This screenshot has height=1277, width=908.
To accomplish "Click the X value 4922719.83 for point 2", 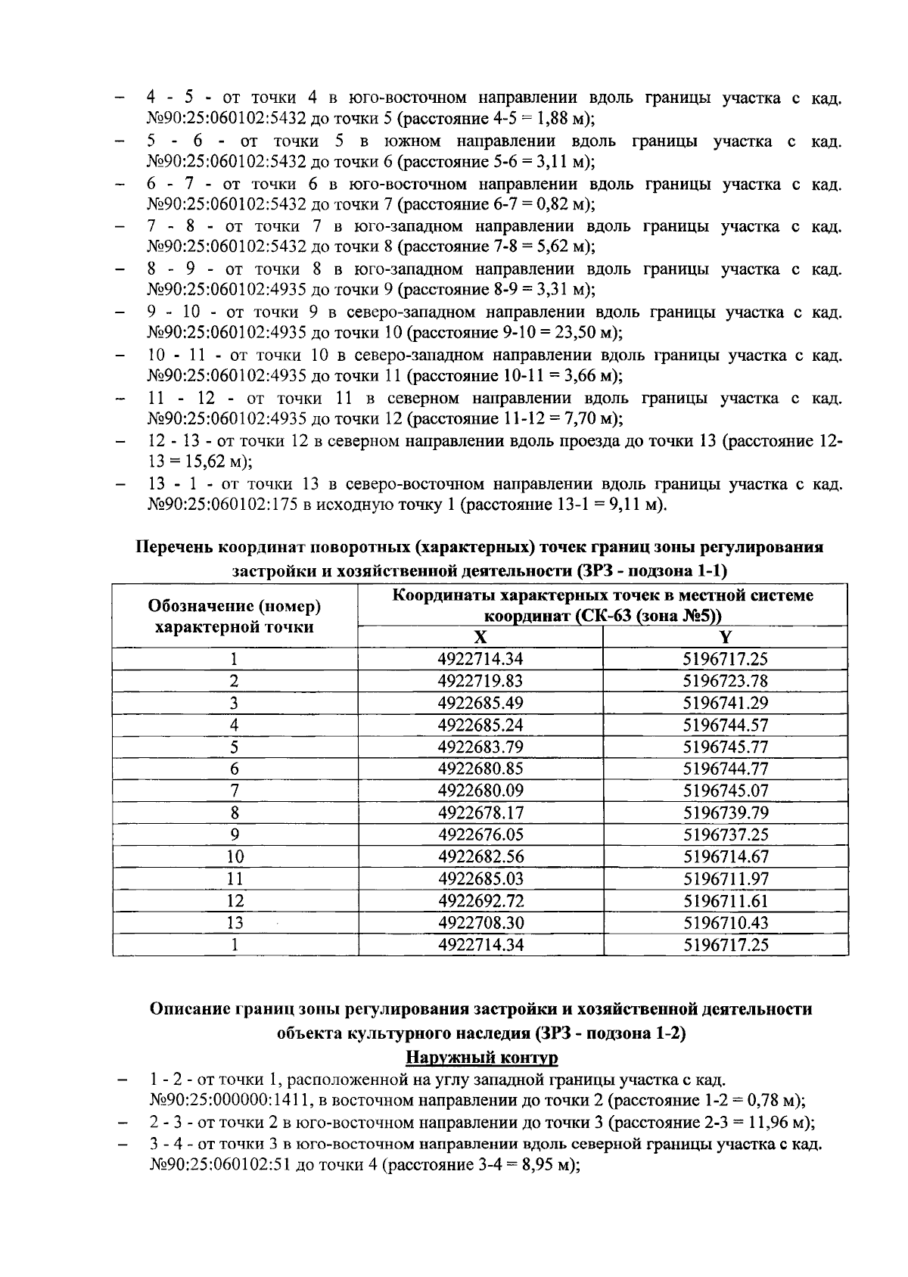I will coord(480,681).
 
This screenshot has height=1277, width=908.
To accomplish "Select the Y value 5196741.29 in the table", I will coord(725,703).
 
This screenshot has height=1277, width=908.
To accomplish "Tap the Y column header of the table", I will coord(725,638).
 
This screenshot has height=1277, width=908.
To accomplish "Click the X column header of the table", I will coord(480,638).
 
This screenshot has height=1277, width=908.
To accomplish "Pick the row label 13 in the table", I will coord(235,923).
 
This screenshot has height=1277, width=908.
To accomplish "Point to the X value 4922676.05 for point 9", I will coord(480,834).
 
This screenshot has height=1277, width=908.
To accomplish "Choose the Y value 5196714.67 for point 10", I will coord(725,856).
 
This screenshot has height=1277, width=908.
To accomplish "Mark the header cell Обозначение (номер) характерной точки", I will coord(235,616).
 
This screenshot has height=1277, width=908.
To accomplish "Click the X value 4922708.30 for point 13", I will coord(480,923).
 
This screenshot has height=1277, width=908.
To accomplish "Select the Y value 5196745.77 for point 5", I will coord(725,747).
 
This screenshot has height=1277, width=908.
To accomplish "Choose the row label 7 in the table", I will coord(235,791).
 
